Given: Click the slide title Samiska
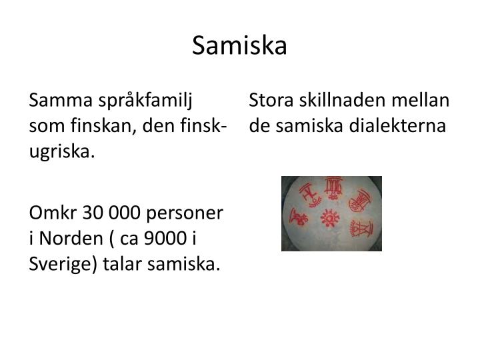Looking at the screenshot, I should click(239, 45).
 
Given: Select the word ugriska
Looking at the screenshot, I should click(61, 151).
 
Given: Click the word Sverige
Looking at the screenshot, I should click(61, 263).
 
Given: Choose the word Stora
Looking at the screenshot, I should click(268, 101).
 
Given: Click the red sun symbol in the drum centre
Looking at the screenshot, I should click(329, 217).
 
